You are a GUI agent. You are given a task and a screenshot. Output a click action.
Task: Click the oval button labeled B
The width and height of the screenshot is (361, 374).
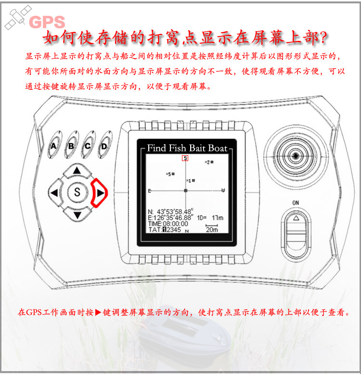[x=71, y=146]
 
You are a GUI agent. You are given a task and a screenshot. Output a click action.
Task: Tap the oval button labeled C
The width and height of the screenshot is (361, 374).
[x=87, y=146]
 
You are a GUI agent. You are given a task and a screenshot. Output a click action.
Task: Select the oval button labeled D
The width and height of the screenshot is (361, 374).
[x=103, y=146]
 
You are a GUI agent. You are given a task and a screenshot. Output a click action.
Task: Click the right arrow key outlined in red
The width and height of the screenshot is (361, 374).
[x=99, y=193]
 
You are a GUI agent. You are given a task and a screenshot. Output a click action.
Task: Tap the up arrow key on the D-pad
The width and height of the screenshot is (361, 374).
[x=76, y=171]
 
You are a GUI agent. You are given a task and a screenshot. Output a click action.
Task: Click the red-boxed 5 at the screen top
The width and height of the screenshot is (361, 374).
[x=185, y=158]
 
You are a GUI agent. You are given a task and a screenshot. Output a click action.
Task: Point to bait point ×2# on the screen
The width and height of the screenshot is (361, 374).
[x=208, y=162]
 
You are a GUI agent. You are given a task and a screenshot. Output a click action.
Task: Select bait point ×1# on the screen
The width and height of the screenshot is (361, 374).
[x=191, y=181]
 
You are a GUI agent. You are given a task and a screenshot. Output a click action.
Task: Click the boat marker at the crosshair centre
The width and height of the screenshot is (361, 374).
[x=185, y=191]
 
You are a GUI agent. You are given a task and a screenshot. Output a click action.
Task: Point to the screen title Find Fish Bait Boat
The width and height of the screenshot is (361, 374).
[x=187, y=148]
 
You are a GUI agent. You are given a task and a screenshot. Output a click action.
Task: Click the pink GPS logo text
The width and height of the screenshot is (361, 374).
[x=47, y=22]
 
